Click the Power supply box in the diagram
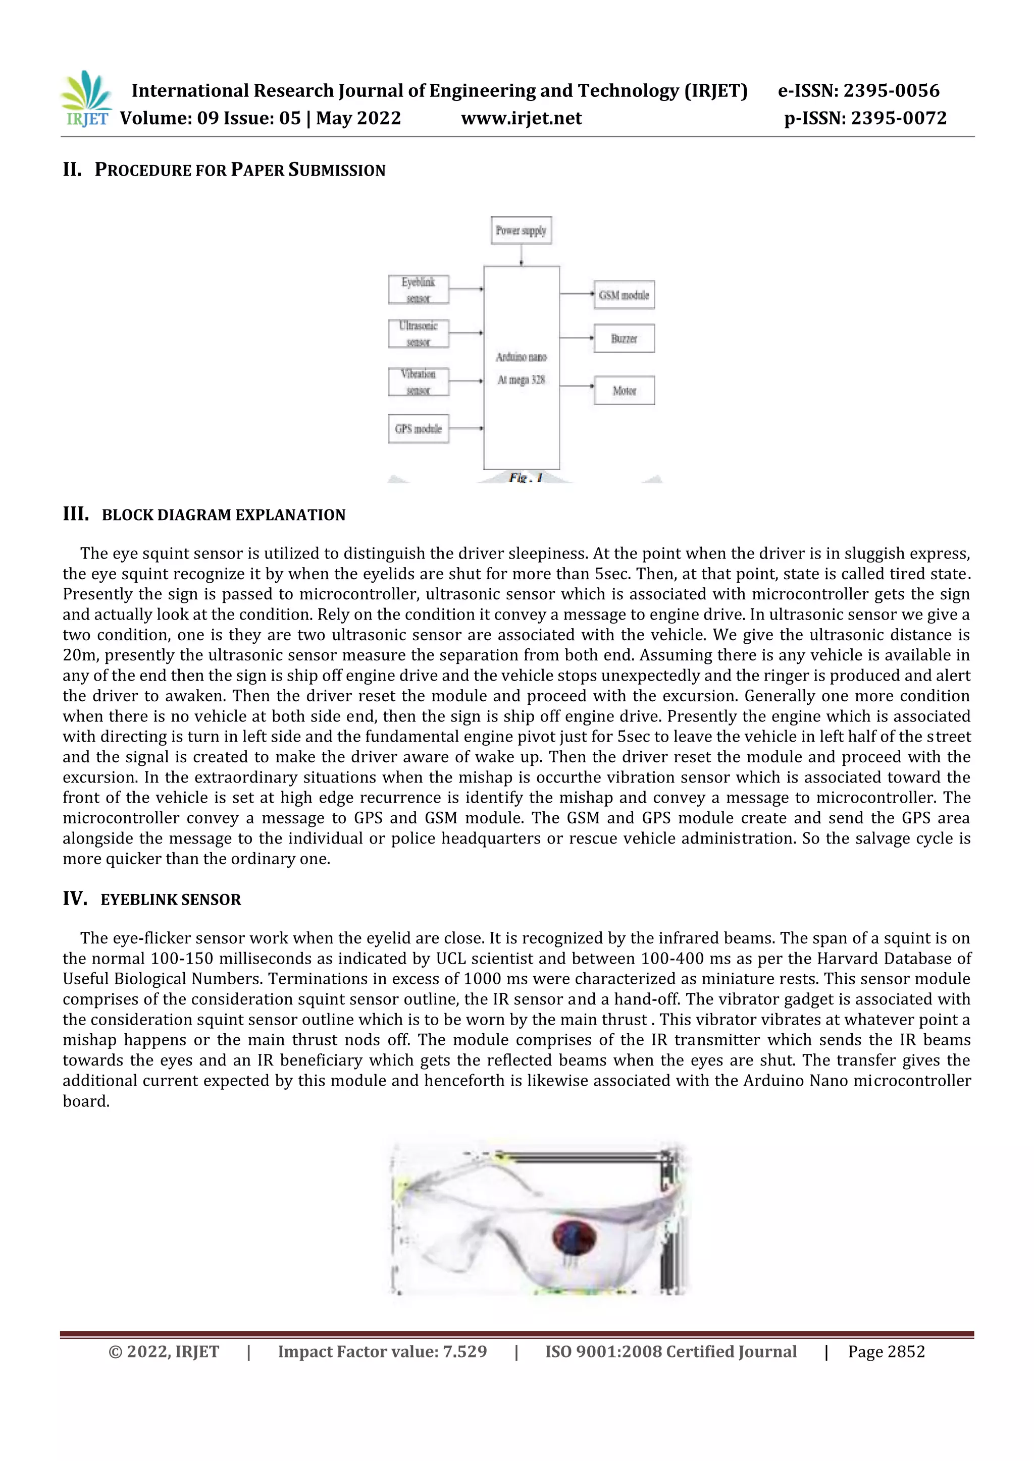521,231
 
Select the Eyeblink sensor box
419,290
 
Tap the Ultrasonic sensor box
419,333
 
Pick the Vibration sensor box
419,382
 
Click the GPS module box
419,429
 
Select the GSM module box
624,295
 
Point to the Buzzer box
624,339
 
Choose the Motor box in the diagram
624,390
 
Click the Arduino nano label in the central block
522,357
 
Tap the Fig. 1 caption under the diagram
525,477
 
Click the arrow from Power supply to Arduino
522,255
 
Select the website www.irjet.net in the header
521,119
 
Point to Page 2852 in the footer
886,1352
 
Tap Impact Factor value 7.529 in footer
382,1352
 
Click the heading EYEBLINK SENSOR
171,900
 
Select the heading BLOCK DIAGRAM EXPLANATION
224,515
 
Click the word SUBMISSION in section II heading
337,171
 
